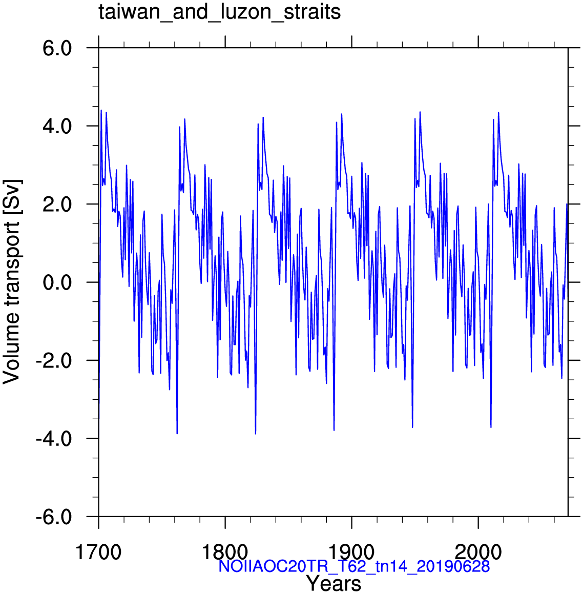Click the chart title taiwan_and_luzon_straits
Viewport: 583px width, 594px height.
coord(220,12)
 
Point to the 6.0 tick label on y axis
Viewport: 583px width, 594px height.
coord(57,49)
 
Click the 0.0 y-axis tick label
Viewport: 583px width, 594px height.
coord(57,282)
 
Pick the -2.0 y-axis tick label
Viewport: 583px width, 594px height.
coord(54,361)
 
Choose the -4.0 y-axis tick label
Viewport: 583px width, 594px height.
coord(54,439)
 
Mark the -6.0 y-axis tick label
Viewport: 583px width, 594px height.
coord(54,517)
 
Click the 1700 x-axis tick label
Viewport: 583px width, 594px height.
coord(98,552)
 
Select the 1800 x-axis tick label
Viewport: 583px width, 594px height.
coord(225,552)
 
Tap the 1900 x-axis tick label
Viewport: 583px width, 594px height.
coord(351,552)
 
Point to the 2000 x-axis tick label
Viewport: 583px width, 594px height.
coord(478,552)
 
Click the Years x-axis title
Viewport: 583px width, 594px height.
coord(334,583)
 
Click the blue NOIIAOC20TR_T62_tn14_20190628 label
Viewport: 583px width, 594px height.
coord(355,566)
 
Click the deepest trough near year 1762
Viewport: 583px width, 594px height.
coord(177,434)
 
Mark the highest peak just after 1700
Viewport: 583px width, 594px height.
coord(101,110)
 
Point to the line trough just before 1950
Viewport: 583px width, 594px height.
coord(412,427)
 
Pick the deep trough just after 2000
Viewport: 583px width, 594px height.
coord(491,427)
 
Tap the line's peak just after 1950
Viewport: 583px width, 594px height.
coord(420,112)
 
